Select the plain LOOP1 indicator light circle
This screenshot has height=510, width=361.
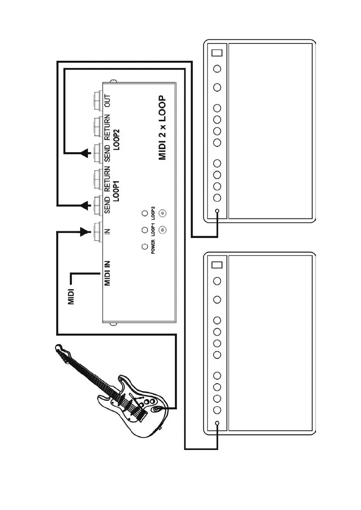(144, 230)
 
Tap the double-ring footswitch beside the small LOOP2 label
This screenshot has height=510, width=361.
(162, 213)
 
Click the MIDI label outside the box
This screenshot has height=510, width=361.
(72, 296)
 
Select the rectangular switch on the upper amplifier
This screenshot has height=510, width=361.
(217, 53)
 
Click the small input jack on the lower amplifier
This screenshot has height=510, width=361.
(217, 423)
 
